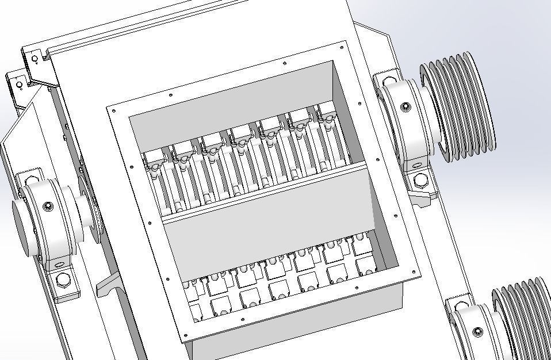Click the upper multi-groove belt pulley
pyautogui.click(x=460, y=106)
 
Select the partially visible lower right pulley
pyautogui.click(x=518, y=319)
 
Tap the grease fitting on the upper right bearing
pyautogui.click(x=405, y=106)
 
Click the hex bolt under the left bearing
pyautogui.click(x=62, y=282)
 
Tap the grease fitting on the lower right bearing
pyautogui.click(x=477, y=332)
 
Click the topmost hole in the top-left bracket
pyautogui.click(x=35, y=59)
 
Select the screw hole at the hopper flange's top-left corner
pyautogui.click(x=112, y=109)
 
